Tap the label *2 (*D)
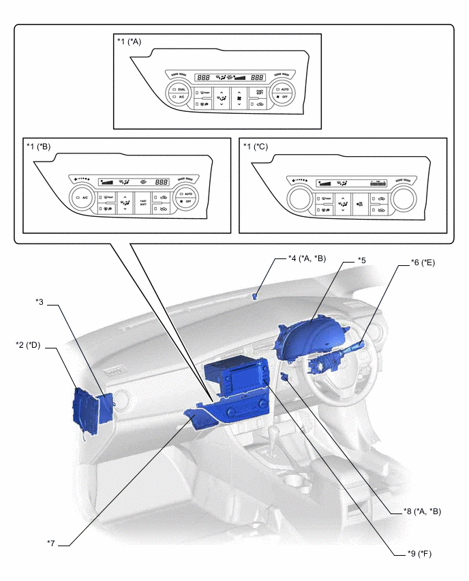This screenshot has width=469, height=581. coord(29,345)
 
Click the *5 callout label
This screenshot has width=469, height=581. coord(362,260)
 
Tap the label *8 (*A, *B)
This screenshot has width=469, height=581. coord(418,511)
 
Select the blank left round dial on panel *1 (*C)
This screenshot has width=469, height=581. coord(299,198)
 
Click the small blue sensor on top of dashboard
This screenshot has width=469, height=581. coord(255,296)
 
